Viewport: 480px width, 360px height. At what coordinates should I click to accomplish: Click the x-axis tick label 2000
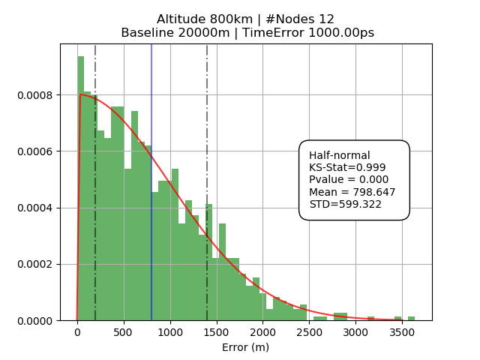tap(262, 332)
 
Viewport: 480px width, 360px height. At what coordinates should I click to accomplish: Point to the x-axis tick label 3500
tap(402, 332)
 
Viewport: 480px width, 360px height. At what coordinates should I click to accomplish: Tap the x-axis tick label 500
tap(123, 332)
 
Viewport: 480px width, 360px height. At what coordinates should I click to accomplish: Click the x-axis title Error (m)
tap(245, 347)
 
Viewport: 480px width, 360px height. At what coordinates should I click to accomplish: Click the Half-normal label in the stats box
tap(340, 155)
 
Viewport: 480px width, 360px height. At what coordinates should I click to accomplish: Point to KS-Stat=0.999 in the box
tap(347, 167)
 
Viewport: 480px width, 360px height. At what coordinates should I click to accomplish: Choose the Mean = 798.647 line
tap(352, 192)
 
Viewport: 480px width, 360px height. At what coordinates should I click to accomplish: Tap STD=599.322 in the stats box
tap(346, 204)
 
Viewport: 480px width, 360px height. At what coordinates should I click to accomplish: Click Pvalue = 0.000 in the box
tap(349, 179)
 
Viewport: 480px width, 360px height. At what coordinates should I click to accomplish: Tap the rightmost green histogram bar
tap(411, 318)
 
